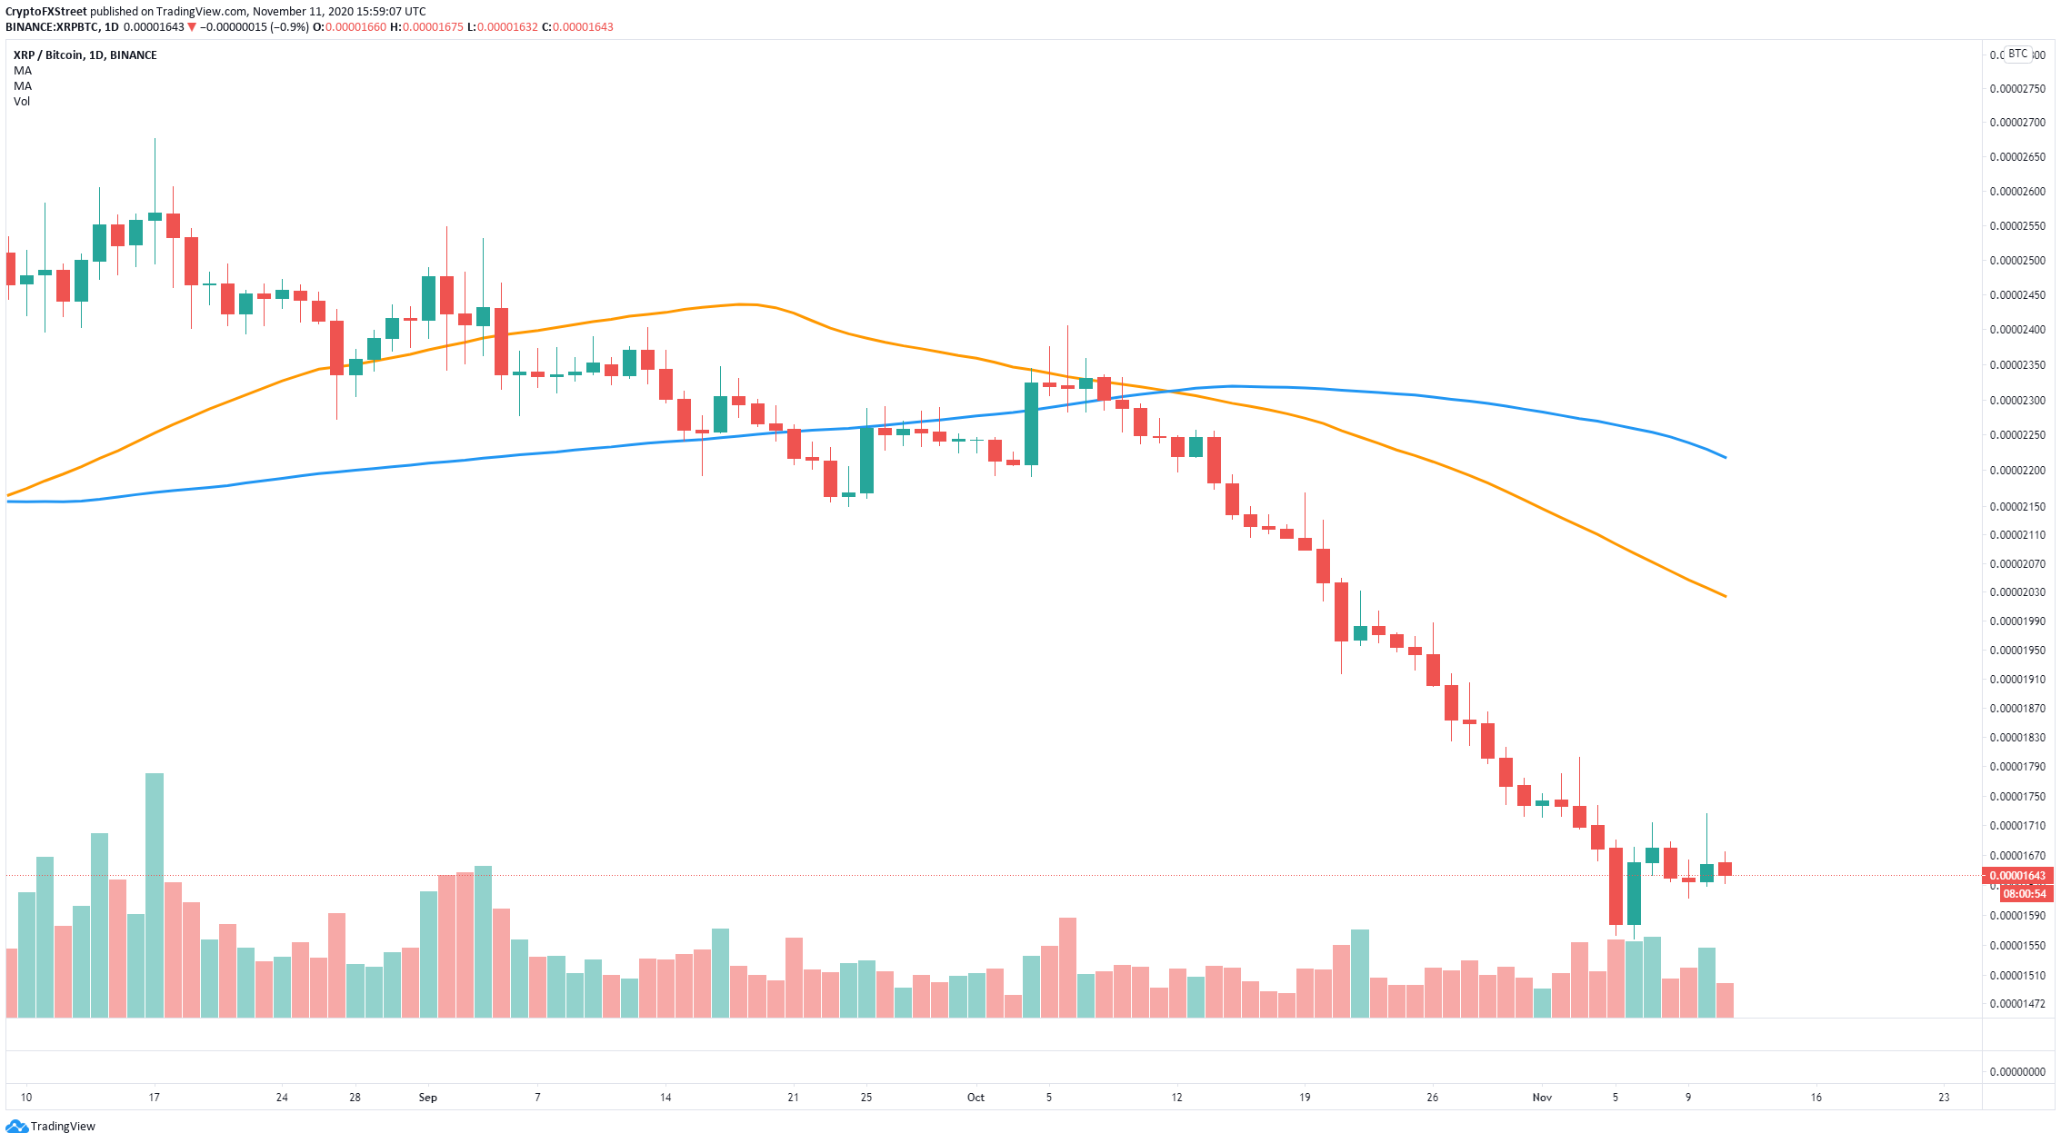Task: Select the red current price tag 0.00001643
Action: pos(2017,876)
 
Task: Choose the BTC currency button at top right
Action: pos(2018,54)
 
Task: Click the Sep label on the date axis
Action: pos(427,1098)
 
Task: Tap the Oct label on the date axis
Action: pos(975,1098)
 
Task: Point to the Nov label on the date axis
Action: pos(1542,1098)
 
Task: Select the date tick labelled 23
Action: pos(1944,1098)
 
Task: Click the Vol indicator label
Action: pos(22,102)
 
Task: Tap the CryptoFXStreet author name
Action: pos(46,12)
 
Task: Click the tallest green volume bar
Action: pos(155,895)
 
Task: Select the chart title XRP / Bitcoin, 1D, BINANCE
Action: pos(85,55)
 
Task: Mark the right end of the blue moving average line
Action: pos(1726,457)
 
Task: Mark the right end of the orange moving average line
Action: pos(1726,596)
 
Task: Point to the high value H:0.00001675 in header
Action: pos(426,27)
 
